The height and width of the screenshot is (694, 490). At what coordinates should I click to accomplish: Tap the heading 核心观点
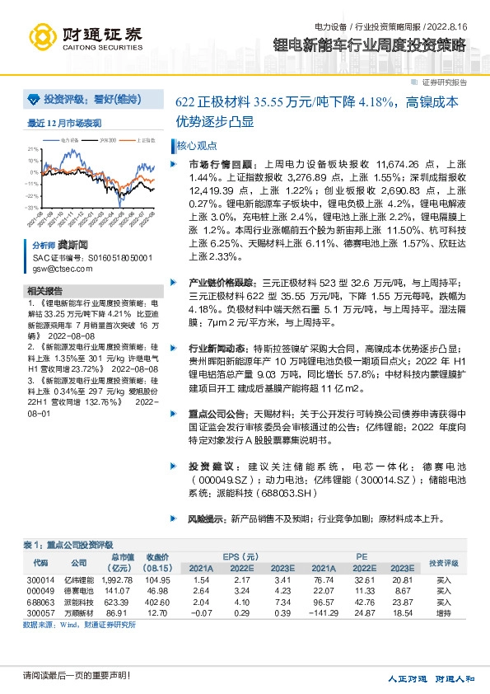coord(194,145)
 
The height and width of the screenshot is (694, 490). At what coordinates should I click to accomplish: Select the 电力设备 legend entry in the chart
coord(69,141)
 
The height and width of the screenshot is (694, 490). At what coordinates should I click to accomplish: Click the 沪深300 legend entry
coord(106,141)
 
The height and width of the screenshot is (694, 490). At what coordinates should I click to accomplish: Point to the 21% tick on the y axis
coord(35,149)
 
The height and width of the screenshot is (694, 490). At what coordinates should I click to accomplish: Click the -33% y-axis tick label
coord(35,208)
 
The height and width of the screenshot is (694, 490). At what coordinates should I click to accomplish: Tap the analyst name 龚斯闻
coord(72,246)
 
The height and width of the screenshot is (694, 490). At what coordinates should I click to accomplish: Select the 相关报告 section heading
coord(44,291)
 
